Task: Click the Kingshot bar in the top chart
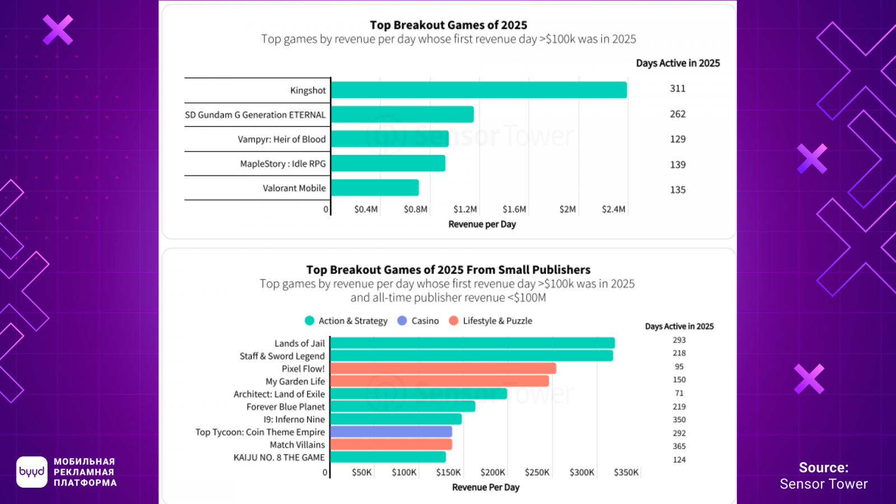[479, 90]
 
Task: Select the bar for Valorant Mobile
[375, 188]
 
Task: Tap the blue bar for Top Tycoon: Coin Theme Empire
[391, 432]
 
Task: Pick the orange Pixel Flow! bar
[443, 368]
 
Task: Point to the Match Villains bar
[391, 445]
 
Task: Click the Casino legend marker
[402, 321]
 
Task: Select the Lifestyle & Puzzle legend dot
[454, 321]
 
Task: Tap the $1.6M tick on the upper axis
[514, 209]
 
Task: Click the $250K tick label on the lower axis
[537, 473]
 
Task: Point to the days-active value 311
[678, 88]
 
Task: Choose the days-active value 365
[679, 446]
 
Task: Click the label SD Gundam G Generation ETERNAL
[255, 115]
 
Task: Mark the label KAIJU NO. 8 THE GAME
[279, 458]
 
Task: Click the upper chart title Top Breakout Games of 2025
[449, 25]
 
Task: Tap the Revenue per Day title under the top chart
[482, 225]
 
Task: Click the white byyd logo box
[32, 472]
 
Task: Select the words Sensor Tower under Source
[824, 484]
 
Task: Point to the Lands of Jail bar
[473, 343]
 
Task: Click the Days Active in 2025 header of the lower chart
[679, 326]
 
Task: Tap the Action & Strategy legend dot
[309, 321]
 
